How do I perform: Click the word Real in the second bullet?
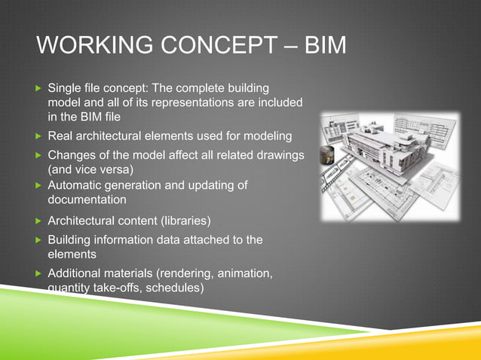pos(60,136)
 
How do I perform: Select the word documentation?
pos(87,200)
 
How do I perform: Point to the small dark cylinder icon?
pos(326,156)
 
